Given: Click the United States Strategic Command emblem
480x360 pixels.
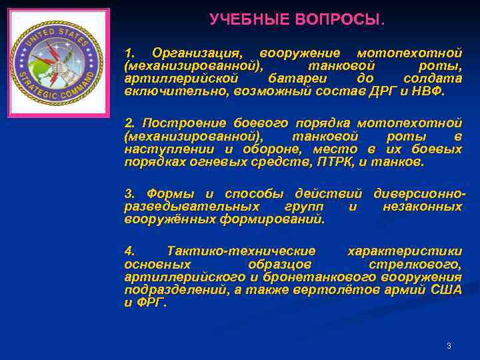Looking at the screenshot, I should pos(58,63).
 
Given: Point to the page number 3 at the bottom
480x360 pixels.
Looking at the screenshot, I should pos(449,345).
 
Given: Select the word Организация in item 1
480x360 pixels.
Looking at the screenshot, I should pos(195,53).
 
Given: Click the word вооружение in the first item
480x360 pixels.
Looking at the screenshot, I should pos(300,53).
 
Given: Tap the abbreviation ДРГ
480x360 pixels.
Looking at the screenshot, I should pos(381,91).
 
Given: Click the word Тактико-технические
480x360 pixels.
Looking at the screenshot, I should pos(241,251).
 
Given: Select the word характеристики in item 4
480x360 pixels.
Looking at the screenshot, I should pos(405,251).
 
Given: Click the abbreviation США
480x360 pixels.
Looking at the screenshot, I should pos(447,289).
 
